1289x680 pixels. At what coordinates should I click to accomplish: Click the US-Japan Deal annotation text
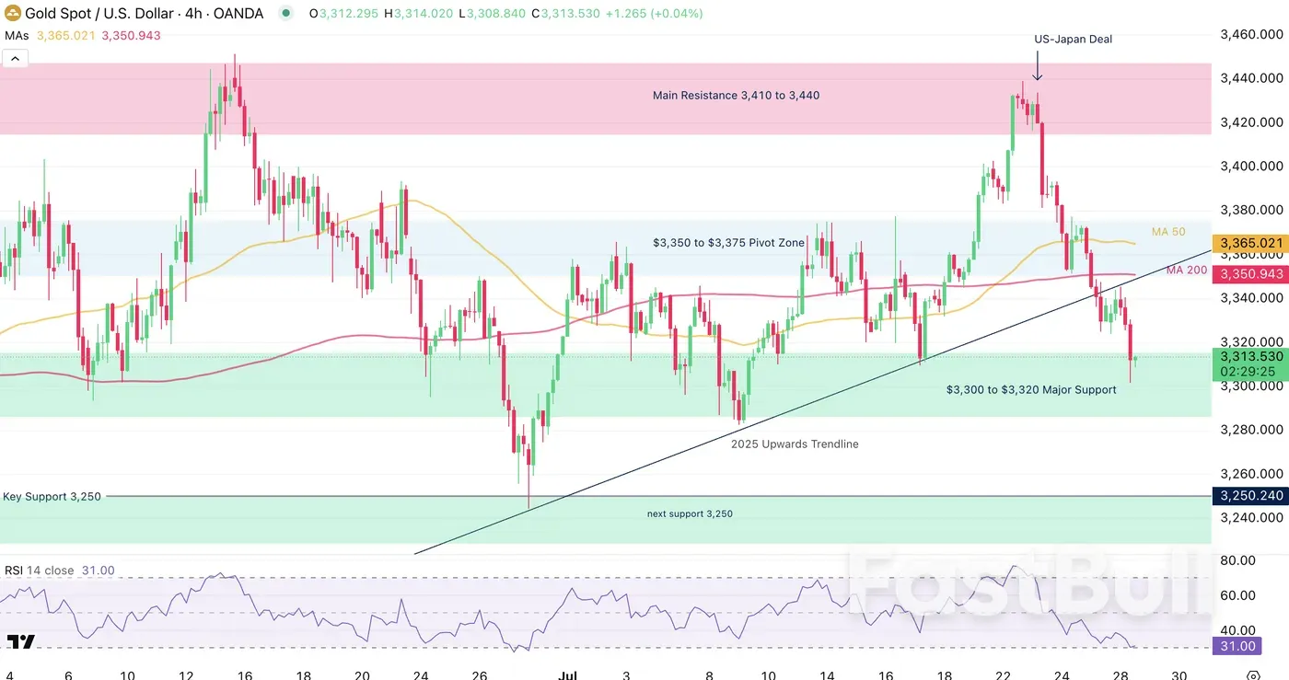point(1073,40)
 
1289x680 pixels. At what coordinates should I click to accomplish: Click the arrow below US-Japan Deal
point(1038,66)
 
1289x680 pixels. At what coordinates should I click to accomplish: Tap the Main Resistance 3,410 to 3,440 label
point(736,96)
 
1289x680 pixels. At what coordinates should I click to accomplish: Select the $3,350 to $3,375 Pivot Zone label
point(728,243)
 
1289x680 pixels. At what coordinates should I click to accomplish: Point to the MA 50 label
point(1168,232)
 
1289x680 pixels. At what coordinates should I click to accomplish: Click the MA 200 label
point(1186,270)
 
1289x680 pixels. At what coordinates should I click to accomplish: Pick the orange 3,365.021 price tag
point(1249,243)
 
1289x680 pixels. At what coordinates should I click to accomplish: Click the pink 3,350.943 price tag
point(1249,274)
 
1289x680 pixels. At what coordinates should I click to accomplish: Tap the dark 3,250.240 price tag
point(1249,496)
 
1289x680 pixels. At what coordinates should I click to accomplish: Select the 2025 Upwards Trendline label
point(795,444)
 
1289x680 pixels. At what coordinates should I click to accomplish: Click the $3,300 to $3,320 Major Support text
point(1031,390)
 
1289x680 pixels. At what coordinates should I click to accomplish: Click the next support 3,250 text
point(690,513)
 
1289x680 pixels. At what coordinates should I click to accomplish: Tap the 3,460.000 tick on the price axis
point(1251,35)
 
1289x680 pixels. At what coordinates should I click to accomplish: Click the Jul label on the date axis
point(568,676)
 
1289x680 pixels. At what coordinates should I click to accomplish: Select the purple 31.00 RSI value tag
point(1237,647)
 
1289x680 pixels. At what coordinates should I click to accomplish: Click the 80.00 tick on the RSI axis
point(1237,560)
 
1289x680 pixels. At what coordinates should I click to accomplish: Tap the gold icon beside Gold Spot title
point(13,14)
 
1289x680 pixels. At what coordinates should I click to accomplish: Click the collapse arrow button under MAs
point(15,59)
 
